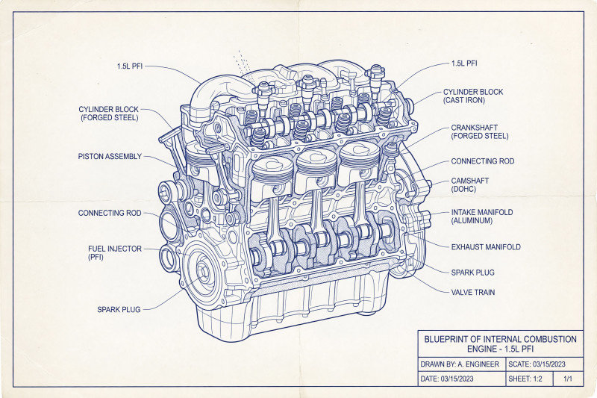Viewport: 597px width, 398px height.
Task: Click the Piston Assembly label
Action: coord(110,157)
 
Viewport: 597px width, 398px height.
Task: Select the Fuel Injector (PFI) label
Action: coord(115,252)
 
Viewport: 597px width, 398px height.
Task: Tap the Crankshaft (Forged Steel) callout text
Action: coord(479,131)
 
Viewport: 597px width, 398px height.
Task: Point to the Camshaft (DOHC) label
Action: coord(470,184)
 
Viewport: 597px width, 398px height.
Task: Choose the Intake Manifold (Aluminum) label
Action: coord(481,217)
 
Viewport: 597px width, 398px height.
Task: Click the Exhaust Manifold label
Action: coord(486,247)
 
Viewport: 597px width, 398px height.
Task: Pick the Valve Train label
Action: coord(473,293)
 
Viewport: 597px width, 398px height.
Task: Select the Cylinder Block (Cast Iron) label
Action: coord(473,96)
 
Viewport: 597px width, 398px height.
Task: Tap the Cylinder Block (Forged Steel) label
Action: coord(108,114)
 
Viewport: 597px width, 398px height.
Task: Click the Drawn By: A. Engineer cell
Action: coord(462,364)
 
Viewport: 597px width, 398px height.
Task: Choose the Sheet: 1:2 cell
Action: coord(529,379)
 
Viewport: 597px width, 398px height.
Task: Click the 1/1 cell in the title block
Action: coord(568,379)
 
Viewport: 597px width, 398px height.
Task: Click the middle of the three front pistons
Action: coord(316,171)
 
